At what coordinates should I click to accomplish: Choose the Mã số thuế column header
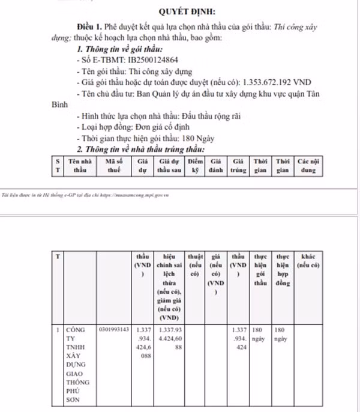[113, 166]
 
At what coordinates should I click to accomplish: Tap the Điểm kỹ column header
[195, 166]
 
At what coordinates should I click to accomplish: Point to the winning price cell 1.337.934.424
[238, 338]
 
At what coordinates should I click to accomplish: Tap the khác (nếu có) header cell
[308, 262]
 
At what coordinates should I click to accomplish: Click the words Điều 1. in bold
[90, 28]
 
